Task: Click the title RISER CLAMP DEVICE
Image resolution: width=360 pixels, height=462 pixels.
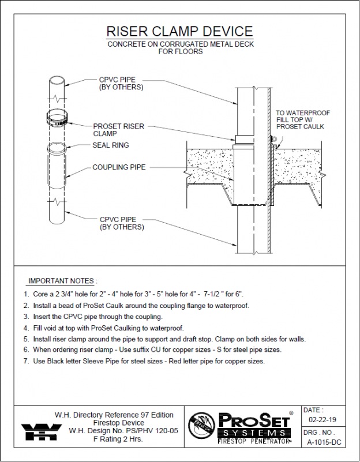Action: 179,32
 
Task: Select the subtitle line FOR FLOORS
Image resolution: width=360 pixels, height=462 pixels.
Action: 180,51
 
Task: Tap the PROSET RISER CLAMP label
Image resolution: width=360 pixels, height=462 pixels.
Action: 118,130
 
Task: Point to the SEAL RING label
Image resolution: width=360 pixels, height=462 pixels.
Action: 111,145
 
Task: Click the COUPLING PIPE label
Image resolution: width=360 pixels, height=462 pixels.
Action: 119,168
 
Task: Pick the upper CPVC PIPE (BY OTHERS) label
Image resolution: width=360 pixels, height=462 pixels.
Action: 121,84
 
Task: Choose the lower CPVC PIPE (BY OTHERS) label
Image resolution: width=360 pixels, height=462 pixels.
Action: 121,223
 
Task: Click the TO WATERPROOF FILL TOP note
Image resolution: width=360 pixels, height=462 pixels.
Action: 302,119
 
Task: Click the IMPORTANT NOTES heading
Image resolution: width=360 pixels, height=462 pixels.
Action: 62,281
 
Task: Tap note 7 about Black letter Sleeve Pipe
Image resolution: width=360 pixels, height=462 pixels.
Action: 144,361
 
